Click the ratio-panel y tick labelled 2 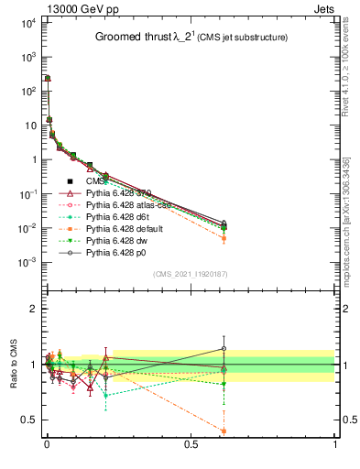[x=30, y=309]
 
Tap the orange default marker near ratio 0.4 [x=224, y=431]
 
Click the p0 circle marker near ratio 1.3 [x=224, y=348]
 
